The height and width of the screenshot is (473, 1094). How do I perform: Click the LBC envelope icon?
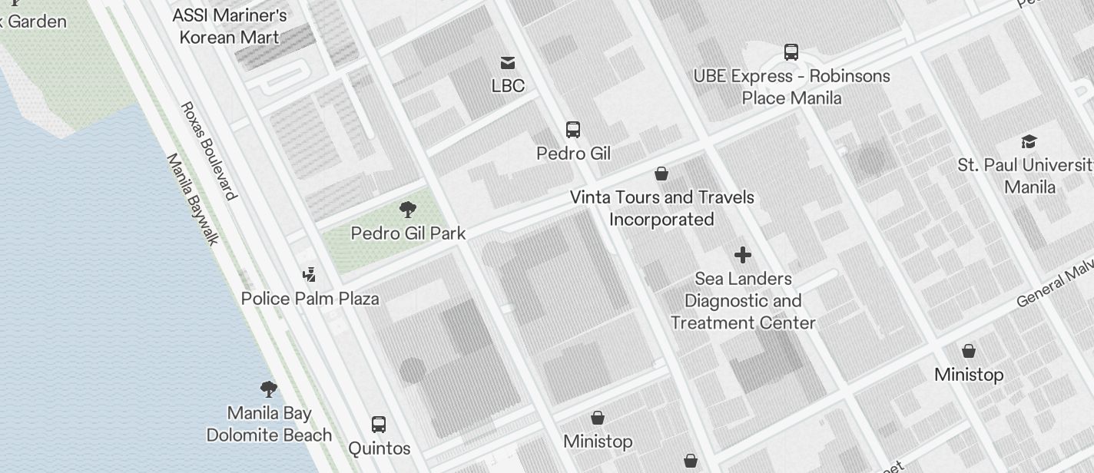point(508,63)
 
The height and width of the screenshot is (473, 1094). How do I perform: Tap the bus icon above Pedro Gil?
point(573,129)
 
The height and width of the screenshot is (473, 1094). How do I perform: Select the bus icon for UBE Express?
point(791,52)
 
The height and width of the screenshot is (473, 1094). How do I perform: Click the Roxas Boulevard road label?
point(207,150)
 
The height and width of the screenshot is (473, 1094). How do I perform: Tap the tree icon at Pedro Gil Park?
point(408,209)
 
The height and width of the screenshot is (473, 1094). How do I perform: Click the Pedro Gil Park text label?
point(408,233)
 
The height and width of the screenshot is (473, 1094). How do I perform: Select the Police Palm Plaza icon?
point(310,274)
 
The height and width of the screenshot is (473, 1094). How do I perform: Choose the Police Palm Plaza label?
point(310,299)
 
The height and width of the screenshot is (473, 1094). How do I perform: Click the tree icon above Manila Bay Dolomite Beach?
point(268,389)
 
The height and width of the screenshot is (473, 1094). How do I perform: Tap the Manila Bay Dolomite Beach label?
point(269,424)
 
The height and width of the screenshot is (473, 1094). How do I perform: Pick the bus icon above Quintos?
point(379,425)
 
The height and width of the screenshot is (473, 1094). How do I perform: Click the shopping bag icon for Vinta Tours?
point(661,174)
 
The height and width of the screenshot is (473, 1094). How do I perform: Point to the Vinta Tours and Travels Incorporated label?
point(661,208)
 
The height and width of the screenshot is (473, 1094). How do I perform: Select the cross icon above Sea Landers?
point(742,255)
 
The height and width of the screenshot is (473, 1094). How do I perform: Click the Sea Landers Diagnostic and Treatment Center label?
point(742,300)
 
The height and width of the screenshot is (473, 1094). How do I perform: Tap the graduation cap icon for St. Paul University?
point(1029,141)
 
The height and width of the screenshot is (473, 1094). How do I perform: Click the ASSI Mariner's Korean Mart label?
point(229,26)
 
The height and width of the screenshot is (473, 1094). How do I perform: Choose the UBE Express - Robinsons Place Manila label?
point(791,87)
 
